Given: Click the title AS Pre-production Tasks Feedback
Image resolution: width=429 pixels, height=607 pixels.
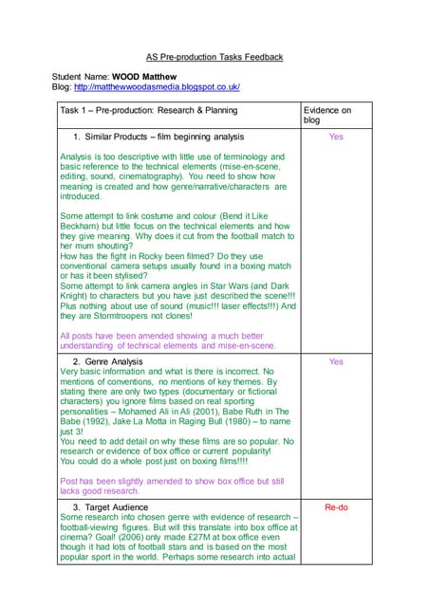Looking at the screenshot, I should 214,57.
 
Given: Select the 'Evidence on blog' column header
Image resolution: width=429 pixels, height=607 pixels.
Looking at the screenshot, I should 327,116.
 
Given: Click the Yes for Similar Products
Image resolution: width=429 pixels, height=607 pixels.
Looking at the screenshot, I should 335,138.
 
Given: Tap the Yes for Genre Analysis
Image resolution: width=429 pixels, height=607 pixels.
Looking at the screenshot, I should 335,361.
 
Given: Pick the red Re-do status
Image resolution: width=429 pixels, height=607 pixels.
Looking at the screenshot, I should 335,507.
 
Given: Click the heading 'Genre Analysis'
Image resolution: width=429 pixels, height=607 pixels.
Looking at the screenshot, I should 113,361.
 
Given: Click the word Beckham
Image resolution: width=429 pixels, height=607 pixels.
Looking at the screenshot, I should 83,227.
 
